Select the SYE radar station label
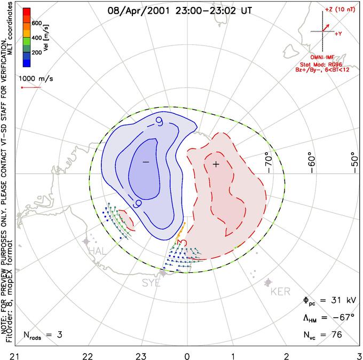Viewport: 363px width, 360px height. click(151, 284)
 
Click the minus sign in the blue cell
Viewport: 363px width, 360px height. click(145, 162)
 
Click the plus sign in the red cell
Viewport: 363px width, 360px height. click(216, 164)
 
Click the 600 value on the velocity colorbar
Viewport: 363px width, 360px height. click(37, 24)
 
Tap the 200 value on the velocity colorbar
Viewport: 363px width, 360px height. click(37, 53)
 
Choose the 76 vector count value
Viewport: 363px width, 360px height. click(335, 335)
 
